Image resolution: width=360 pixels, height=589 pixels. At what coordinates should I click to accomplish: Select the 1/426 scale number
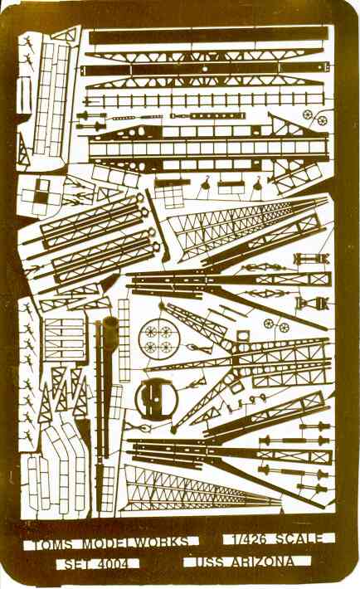coord(249,539)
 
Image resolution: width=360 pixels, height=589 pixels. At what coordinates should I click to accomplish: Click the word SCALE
coord(299,538)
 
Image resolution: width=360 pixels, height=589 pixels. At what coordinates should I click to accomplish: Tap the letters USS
coord(209,562)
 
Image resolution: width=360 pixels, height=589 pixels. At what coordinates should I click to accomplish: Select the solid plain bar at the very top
coord(208,35)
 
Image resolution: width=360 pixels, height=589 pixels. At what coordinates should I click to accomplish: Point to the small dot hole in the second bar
coord(204,69)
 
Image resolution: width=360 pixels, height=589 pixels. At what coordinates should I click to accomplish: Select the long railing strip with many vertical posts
coord(203,100)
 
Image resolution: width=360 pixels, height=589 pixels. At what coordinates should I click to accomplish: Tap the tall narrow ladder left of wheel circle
coord(124,340)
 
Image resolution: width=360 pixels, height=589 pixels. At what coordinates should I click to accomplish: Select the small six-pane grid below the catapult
coord(169,197)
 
